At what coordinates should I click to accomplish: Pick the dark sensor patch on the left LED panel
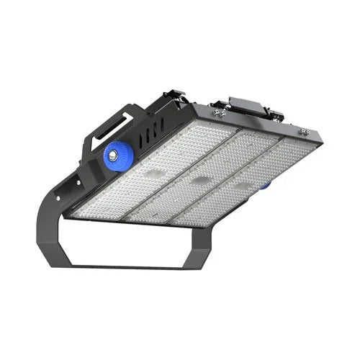click(153, 175)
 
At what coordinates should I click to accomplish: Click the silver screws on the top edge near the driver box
click(219, 113)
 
